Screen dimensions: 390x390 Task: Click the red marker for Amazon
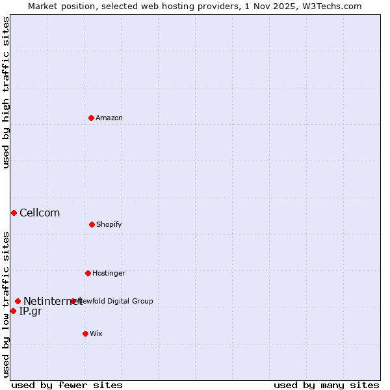coord(92,118)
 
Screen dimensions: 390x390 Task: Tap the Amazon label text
coord(109,118)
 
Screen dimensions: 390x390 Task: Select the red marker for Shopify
coord(92,224)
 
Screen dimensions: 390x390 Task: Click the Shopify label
coord(109,224)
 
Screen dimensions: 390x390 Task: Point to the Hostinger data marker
coord(88,273)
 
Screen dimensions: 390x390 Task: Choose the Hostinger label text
coord(109,273)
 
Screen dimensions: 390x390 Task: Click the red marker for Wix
coord(85,333)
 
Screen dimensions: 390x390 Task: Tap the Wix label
coord(96,333)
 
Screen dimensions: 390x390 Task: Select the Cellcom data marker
coord(14,213)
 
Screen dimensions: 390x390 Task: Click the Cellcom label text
coord(40,213)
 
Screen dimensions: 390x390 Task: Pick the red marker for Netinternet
coord(18,301)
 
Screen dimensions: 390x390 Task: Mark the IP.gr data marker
coord(13,311)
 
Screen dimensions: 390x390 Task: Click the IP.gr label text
coord(31,311)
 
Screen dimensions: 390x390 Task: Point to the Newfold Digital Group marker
coord(73,301)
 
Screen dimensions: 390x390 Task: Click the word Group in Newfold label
coord(142,301)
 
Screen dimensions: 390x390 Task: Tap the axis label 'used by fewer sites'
coord(67,385)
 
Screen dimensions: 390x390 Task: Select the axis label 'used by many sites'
coord(326,385)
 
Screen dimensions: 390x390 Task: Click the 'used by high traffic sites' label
coord(6,92)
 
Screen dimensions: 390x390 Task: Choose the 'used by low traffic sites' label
coord(6,304)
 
